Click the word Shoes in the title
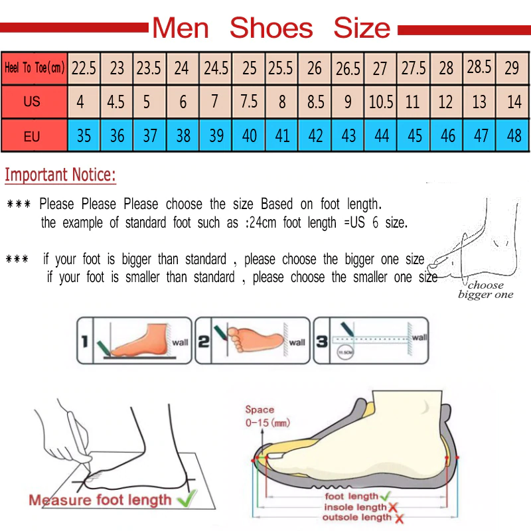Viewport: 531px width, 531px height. (x=271, y=28)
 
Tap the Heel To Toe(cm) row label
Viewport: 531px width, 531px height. (x=35, y=68)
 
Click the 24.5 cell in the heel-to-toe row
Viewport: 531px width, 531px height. (x=216, y=68)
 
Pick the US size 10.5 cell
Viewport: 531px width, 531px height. (x=381, y=102)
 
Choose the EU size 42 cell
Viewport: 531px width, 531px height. (x=315, y=136)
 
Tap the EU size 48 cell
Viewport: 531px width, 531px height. (x=513, y=136)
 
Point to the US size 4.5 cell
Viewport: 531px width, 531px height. (x=116, y=102)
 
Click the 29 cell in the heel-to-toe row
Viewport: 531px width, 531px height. (x=512, y=68)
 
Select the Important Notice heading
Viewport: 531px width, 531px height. (x=60, y=175)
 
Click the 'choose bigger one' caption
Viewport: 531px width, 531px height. (x=485, y=290)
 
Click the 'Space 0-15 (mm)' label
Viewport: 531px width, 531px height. (x=267, y=416)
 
